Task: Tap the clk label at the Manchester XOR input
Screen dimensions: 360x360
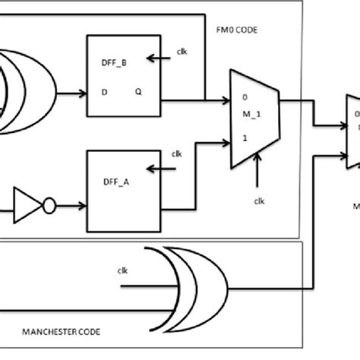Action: pyautogui.click(x=123, y=270)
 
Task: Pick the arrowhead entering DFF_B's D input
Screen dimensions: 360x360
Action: pyautogui.click(x=82, y=95)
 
